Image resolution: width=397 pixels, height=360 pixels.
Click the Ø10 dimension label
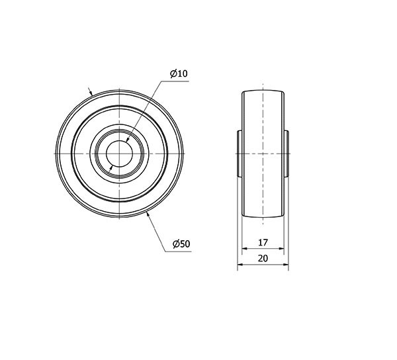(x=179, y=73)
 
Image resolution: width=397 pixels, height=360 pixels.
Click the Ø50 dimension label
(x=181, y=244)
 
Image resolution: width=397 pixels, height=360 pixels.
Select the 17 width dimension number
(x=263, y=242)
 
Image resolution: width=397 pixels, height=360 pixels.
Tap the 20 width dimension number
(x=263, y=258)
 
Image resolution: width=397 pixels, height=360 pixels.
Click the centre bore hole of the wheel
(x=119, y=154)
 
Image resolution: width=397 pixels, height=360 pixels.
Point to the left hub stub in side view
(x=240, y=154)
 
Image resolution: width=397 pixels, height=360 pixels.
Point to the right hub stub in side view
(x=287, y=154)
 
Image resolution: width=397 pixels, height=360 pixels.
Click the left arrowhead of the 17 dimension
(x=244, y=249)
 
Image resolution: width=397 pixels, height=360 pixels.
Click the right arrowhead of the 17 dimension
(x=282, y=249)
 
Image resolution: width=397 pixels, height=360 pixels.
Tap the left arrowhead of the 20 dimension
(x=240, y=265)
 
